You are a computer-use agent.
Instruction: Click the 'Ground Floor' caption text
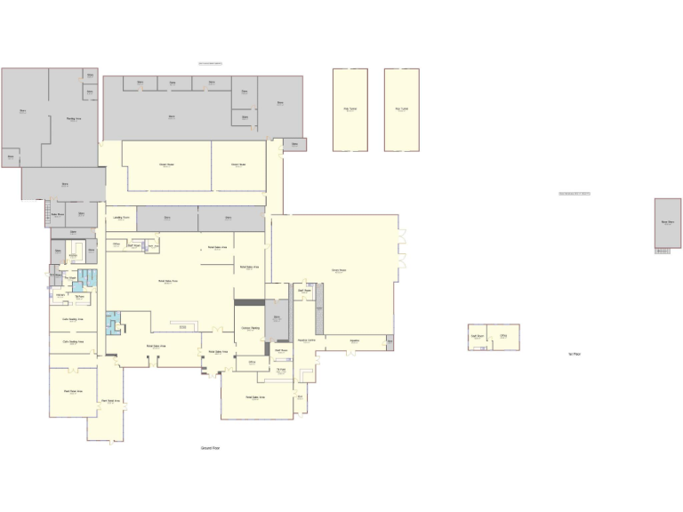pyautogui.click(x=210, y=448)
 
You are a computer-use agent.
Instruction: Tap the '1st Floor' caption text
pyautogui.click(x=575, y=354)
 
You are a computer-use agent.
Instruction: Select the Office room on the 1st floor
pyautogui.click(x=503, y=336)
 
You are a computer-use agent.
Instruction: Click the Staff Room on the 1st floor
pyautogui.click(x=477, y=336)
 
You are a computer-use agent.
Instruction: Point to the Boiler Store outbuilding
pyautogui.click(x=667, y=223)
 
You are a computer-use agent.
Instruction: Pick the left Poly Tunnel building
pyautogui.click(x=350, y=109)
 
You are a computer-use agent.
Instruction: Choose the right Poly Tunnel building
pyautogui.click(x=401, y=109)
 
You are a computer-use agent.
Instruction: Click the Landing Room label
pyautogui.click(x=122, y=217)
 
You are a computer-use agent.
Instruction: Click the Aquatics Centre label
pyautogui.click(x=307, y=340)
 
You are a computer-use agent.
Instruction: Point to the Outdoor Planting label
pyautogui.click(x=250, y=328)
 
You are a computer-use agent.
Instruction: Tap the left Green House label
pyautogui.click(x=166, y=164)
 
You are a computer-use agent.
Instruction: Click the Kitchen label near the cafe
pyautogui.click(x=60, y=294)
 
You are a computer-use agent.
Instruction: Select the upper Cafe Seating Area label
pyautogui.click(x=73, y=318)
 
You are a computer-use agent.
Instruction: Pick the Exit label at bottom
pyautogui.click(x=300, y=396)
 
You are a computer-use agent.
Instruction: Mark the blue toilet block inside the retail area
pyautogui.click(x=112, y=322)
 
